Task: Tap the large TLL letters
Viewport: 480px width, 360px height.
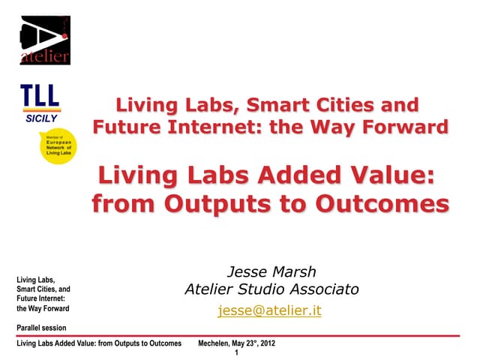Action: pos(40,97)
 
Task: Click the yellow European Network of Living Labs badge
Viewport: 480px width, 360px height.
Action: pos(58,146)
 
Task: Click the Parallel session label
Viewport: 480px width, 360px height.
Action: pos(41,328)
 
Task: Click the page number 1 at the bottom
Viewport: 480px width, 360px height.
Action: pos(236,352)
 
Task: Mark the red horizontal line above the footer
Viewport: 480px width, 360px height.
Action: pos(240,335)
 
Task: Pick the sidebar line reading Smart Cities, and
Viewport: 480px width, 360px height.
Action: pos(43,289)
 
